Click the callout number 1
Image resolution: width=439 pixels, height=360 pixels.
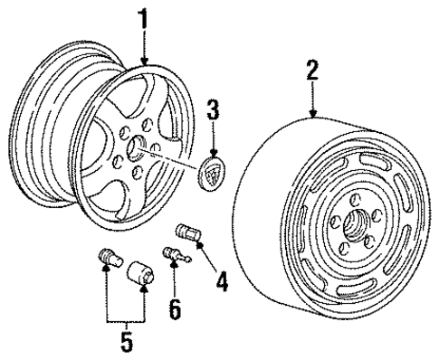pyautogui.click(x=142, y=18)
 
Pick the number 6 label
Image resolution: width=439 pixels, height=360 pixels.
pyautogui.click(x=175, y=308)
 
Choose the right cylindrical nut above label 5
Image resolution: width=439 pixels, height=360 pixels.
pyautogui.click(x=140, y=273)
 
